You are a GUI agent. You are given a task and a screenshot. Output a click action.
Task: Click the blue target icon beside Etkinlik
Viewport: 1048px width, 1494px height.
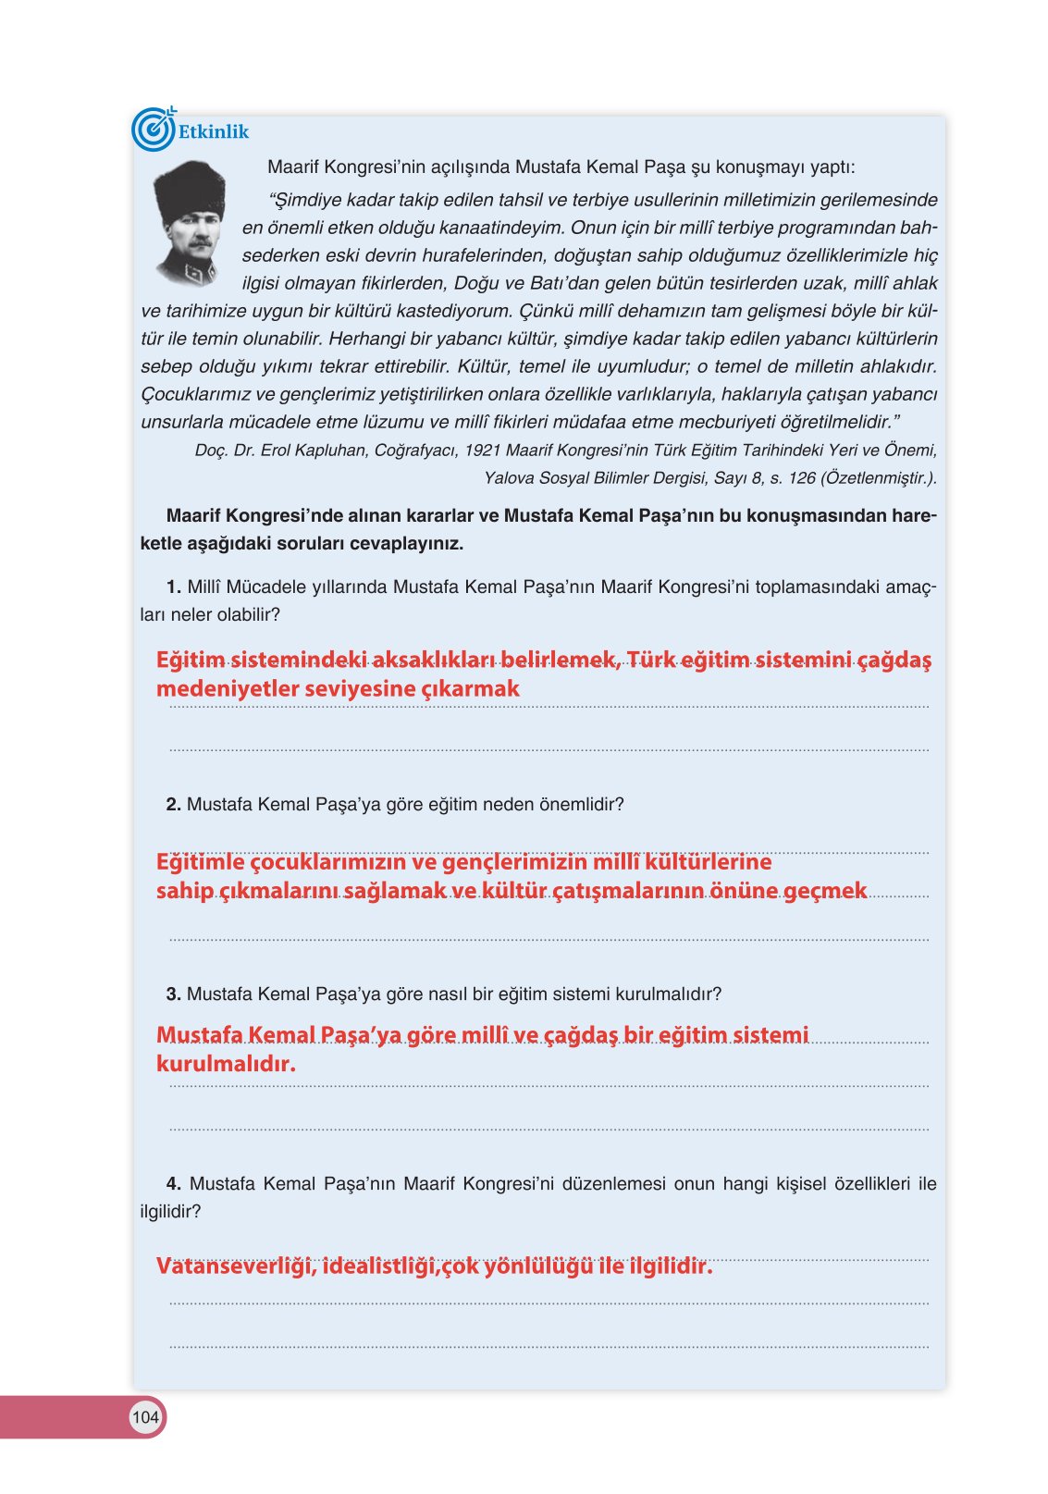[153, 130]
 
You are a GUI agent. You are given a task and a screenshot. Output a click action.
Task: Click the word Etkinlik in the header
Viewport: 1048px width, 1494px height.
[214, 132]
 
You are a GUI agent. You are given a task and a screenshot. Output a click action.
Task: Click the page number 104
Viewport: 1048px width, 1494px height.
[145, 1417]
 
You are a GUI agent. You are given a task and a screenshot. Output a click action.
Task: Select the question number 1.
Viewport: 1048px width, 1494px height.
[173, 586]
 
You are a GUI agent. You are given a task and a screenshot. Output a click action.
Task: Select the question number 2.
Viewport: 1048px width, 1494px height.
[173, 805]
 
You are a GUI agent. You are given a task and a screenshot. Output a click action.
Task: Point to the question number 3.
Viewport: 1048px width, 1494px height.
[173, 994]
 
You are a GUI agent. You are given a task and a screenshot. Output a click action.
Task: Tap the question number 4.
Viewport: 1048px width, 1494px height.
[173, 1184]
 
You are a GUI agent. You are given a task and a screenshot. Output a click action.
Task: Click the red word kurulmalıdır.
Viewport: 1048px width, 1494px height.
[226, 1064]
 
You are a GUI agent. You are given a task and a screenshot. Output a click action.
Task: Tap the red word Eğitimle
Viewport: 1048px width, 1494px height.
[201, 862]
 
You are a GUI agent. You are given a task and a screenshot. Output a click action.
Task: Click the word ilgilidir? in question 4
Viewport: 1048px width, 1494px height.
[170, 1212]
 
